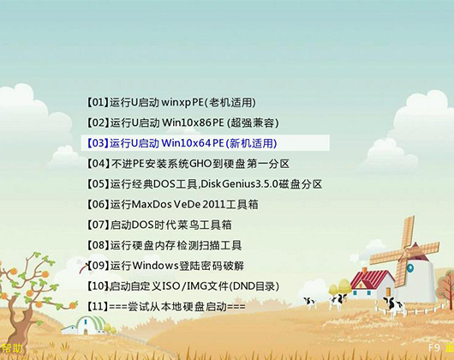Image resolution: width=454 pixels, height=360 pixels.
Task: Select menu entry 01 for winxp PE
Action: click(171, 102)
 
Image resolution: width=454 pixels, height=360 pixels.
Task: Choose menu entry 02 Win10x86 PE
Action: click(183, 123)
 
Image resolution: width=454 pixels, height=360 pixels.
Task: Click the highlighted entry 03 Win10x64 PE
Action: click(182, 143)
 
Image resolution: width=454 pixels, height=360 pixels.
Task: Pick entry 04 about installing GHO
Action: click(188, 164)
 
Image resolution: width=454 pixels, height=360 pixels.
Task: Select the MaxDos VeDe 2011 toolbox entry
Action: click(172, 205)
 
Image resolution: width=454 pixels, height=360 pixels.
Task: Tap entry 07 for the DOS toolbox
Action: click(159, 225)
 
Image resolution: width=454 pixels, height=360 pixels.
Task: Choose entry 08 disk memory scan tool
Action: click(164, 245)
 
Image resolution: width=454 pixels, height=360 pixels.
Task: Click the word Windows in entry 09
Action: click(154, 266)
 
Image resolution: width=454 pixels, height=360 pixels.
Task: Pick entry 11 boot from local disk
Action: click(166, 306)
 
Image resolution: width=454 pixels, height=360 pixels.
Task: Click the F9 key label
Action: click(434, 347)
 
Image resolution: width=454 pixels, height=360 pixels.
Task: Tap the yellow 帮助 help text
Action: click(11, 348)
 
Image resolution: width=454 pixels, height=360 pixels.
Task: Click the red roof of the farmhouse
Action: click(373, 279)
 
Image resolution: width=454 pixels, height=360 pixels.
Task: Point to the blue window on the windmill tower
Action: click(410, 267)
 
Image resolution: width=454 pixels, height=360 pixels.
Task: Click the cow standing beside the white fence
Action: click(392, 306)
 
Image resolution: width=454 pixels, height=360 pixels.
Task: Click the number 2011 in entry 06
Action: click(213, 205)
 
